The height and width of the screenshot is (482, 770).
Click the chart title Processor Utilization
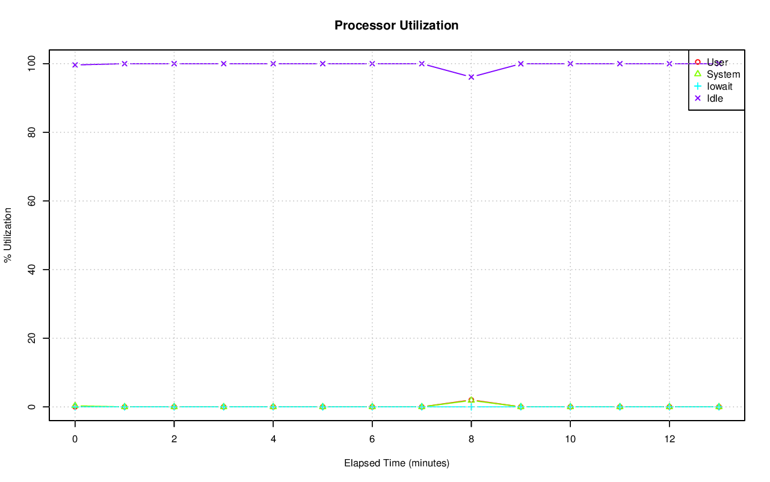pyautogui.click(x=396, y=25)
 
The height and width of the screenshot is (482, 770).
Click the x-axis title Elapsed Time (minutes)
pyautogui.click(x=396, y=463)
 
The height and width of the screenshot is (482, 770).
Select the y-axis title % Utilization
pyautogui.click(x=8, y=235)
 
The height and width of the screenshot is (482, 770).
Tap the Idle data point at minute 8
pyautogui.click(x=471, y=77)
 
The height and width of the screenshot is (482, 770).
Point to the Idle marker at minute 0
pyautogui.click(x=75, y=65)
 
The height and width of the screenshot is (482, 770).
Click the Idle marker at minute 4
pyautogui.click(x=273, y=64)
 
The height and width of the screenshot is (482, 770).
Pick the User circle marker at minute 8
pyautogui.click(x=471, y=400)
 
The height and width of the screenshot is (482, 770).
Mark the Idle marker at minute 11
pyautogui.click(x=620, y=64)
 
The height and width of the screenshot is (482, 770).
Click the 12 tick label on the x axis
pyautogui.click(x=669, y=439)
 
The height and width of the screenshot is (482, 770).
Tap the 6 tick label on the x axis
pyautogui.click(x=372, y=439)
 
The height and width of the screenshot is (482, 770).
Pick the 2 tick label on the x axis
pyautogui.click(x=174, y=439)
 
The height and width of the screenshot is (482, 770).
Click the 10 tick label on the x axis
pyautogui.click(x=570, y=439)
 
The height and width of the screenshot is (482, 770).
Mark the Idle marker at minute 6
pyautogui.click(x=372, y=64)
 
